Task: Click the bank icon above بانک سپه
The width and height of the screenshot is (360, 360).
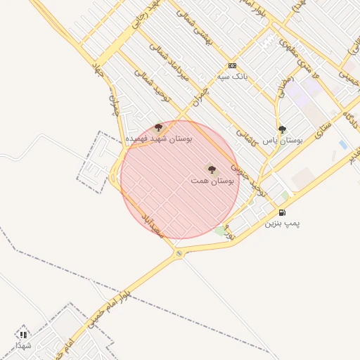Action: click(232, 65)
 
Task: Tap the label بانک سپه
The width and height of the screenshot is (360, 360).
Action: click(233, 76)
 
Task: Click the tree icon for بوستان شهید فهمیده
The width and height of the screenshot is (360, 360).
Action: click(158, 127)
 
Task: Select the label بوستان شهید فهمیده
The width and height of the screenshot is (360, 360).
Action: click(158, 139)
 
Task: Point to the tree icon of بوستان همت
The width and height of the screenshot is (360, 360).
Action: click(212, 169)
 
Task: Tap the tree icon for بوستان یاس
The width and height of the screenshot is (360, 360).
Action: click(283, 129)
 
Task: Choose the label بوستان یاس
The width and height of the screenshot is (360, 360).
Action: click(282, 140)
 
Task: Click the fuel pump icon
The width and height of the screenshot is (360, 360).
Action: click(282, 212)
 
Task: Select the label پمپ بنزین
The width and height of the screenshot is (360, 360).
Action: click(282, 223)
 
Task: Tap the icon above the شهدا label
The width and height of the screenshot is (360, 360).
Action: click(23, 335)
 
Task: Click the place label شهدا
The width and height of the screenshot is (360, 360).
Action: click(23, 345)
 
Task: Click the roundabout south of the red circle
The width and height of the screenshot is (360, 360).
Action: click(179, 252)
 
